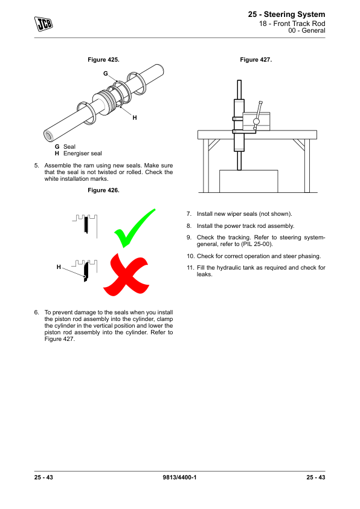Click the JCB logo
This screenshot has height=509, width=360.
pos(43,24)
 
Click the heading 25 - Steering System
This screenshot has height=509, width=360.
pos(286,15)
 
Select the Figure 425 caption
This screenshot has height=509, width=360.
pos(103,60)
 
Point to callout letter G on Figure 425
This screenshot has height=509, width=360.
pos(106,74)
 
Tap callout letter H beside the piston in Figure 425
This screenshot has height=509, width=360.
pos(135,117)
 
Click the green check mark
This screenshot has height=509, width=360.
pos(134,229)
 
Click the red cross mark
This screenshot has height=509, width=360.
pos(126,274)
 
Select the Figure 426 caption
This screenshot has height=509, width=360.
pos(103,190)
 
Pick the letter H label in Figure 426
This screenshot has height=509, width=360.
pos(59,267)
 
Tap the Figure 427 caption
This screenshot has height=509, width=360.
pos(256,60)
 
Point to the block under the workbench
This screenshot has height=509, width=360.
pos(249,181)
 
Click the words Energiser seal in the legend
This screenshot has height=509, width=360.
pos(82,154)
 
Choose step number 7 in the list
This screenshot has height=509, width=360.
pos(189,214)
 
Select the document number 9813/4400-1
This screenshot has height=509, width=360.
pos(179,478)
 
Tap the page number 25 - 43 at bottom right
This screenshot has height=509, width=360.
pos(315,478)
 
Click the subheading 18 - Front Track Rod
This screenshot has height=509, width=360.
pos(292,24)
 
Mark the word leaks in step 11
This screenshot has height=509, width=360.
pos(204,274)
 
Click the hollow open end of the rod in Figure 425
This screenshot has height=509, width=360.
pos(50,135)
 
